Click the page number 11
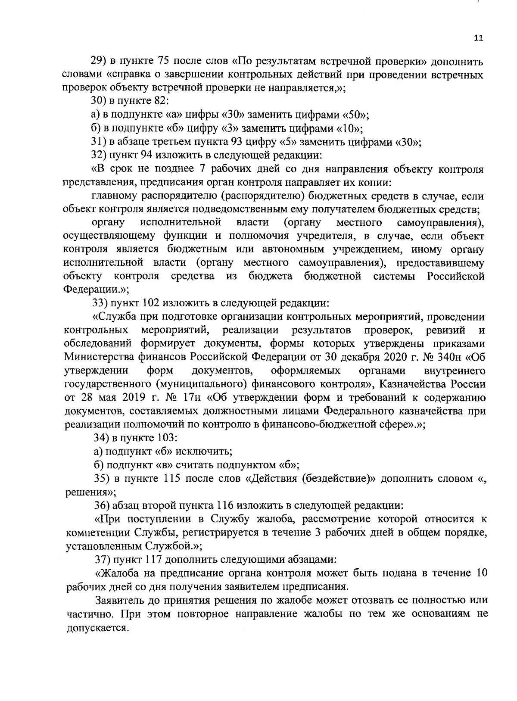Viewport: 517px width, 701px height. click(478, 38)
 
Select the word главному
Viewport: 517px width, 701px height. click(114, 196)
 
